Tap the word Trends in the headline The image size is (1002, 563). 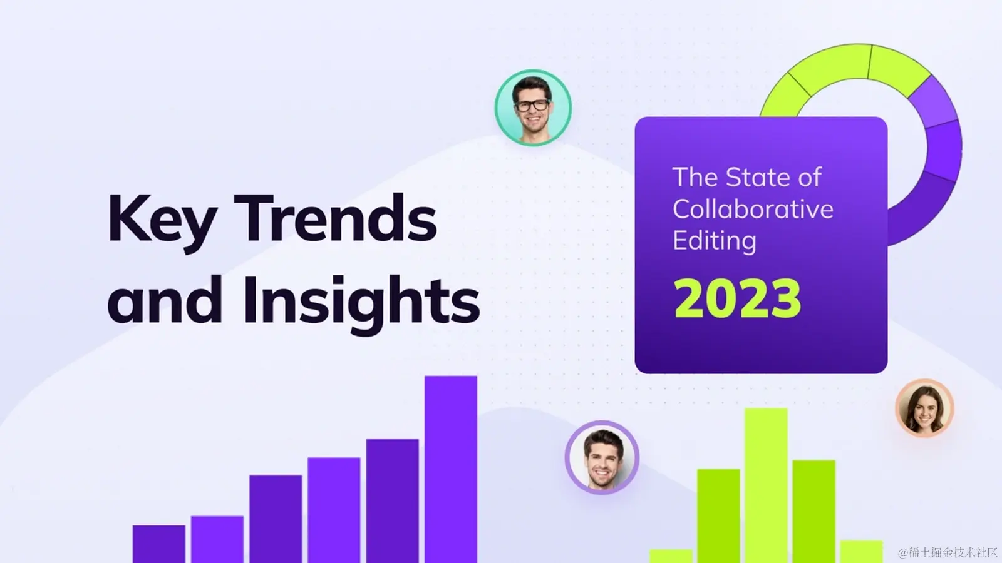coord(335,218)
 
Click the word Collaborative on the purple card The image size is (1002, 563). coord(753,209)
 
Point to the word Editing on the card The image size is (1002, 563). coord(715,241)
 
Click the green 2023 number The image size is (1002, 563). coord(737,298)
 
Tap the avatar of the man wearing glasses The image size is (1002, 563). coord(533,108)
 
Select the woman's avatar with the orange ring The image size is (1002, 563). coord(924,408)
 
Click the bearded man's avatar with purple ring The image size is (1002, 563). coord(602,457)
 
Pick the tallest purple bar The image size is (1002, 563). coord(451,469)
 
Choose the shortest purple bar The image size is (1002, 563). coord(159,544)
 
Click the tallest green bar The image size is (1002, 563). coord(766,485)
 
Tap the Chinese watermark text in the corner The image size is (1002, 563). coord(948,553)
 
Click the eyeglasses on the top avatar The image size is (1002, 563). coord(532,106)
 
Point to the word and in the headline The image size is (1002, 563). coord(165,300)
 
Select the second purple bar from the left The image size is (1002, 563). coord(217,539)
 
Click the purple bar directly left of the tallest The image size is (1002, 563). coord(392,501)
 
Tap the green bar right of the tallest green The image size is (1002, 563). coord(814,512)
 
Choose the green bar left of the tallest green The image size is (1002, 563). coord(718,516)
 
